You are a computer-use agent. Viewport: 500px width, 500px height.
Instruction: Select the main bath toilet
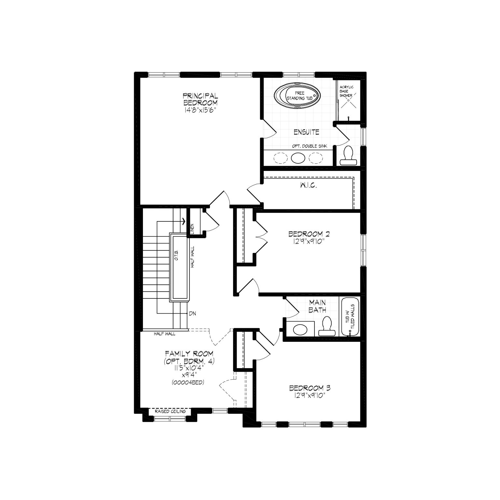tap(326, 326)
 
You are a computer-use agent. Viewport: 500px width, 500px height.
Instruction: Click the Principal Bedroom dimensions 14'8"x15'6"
tap(200, 110)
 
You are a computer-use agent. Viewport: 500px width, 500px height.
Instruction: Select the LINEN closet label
tap(192, 229)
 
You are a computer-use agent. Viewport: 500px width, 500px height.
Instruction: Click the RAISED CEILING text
tap(170, 411)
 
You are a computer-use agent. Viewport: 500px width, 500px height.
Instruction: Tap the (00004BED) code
tap(188, 382)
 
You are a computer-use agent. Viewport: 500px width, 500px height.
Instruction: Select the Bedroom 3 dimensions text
tap(310, 395)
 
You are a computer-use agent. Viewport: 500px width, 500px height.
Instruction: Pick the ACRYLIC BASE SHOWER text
tap(346, 91)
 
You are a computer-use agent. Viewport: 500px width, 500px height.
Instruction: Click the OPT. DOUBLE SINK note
tap(310, 146)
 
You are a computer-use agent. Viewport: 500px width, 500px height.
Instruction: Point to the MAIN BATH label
tap(317, 307)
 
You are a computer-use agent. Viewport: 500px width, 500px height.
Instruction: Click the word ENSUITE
tap(306, 132)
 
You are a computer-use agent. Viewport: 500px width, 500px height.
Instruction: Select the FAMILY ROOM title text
tap(189, 354)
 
